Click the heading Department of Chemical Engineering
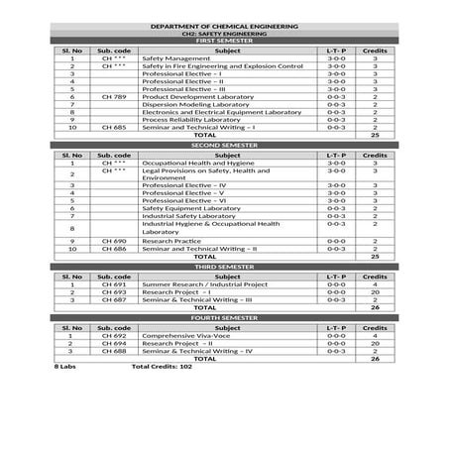224,25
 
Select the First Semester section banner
224,40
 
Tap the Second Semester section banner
224,145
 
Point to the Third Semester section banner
224,267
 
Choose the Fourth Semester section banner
224,317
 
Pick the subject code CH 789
114,97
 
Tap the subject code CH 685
114,128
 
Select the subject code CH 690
114,240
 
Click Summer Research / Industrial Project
203,283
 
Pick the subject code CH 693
114,291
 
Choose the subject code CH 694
114,343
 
